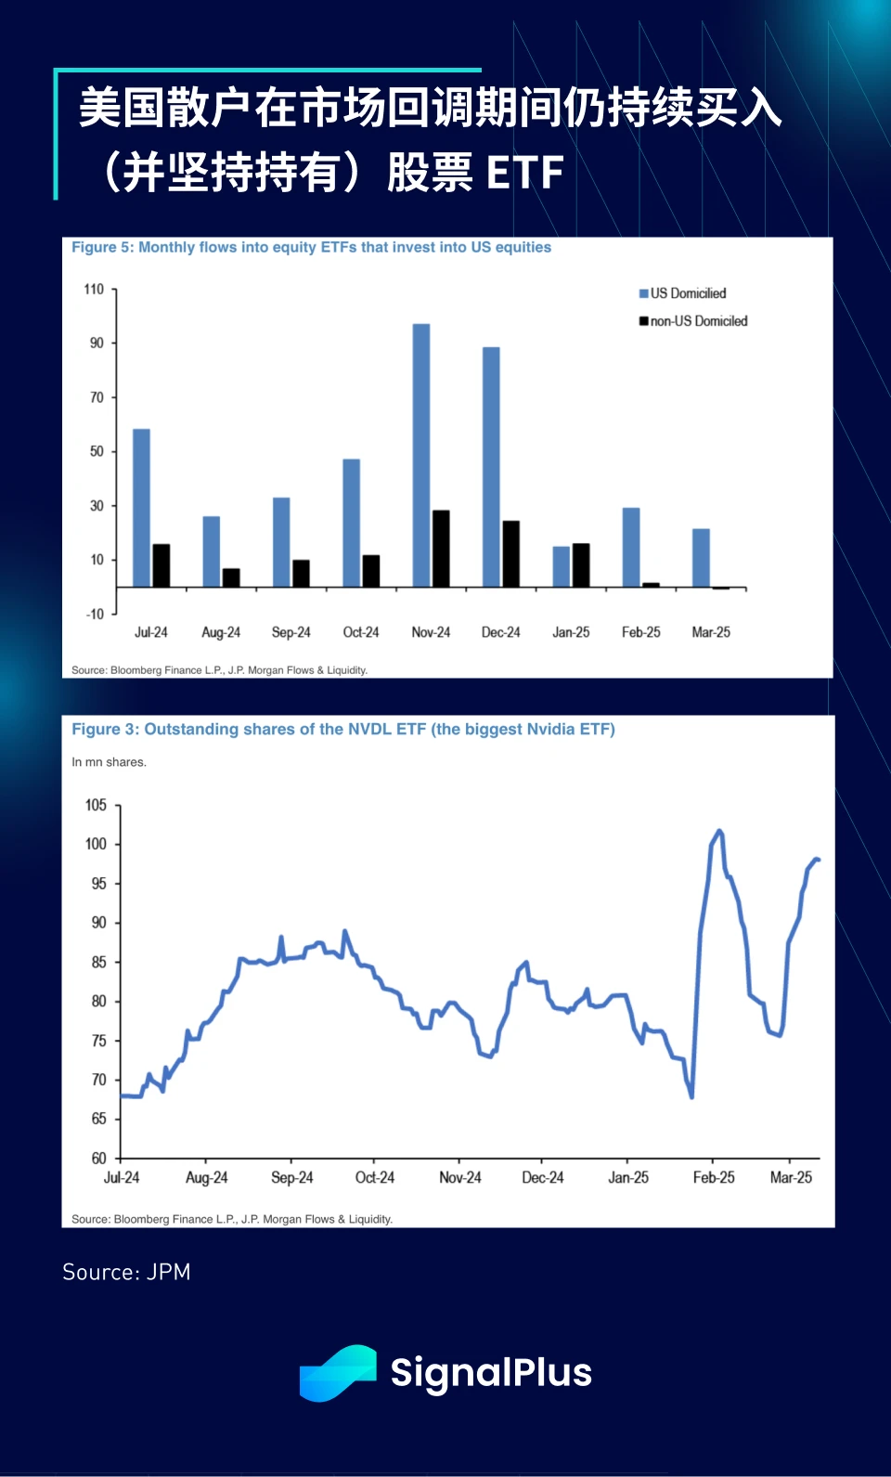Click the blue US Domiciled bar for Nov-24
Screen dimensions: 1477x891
(421, 455)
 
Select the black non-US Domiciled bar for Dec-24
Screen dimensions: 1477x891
(510, 553)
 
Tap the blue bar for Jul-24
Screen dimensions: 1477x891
(141, 507)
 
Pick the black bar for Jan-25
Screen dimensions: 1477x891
(581, 564)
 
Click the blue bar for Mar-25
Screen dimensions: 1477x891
(701, 557)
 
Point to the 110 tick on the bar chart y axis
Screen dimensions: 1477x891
(94, 290)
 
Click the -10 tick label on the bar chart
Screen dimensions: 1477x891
(95, 614)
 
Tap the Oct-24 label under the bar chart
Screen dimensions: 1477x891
(361, 632)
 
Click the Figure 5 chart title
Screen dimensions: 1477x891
(311, 247)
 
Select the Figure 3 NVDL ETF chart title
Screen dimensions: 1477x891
(343, 730)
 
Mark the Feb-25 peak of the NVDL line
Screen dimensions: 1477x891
(719, 832)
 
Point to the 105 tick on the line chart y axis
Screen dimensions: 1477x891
(96, 805)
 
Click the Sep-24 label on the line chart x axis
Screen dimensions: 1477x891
(291, 1177)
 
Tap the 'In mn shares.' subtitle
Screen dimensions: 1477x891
(109, 762)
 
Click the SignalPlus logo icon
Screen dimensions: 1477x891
(338, 1372)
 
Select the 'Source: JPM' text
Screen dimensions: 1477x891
(126, 1272)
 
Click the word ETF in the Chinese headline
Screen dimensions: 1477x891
(524, 173)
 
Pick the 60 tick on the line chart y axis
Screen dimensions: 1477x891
(98, 1158)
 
